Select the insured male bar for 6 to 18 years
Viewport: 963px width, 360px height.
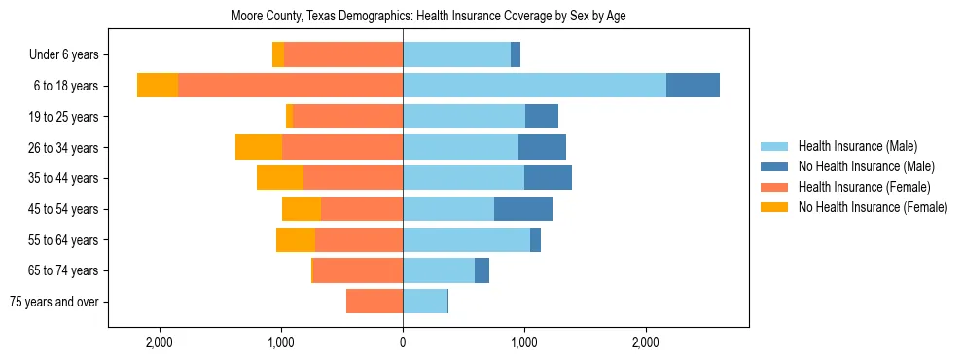pyautogui.click(x=534, y=86)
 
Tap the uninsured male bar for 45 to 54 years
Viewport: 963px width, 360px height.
pyautogui.click(x=523, y=209)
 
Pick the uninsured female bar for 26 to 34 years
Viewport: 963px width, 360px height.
pyautogui.click(x=259, y=147)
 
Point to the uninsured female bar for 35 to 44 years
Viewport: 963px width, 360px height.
pyautogui.click(x=280, y=178)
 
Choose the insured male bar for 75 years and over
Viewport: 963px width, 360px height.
pyautogui.click(x=425, y=302)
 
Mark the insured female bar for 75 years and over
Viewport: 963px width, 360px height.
pyautogui.click(x=374, y=302)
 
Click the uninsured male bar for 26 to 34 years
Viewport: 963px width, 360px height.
pyautogui.click(x=542, y=147)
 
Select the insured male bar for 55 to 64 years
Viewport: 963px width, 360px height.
pyautogui.click(x=466, y=239)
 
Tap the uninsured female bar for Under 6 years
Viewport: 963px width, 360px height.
pyautogui.click(x=278, y=54)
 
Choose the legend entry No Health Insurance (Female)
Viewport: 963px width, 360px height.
pyautogui.click(x=873, y=207)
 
